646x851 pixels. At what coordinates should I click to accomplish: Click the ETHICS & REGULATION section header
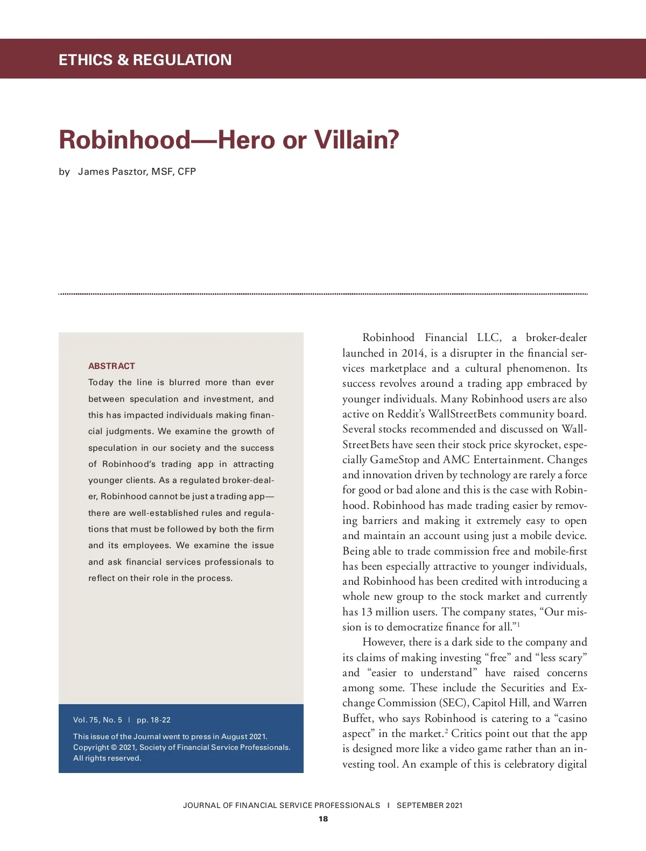[x=145, y=60]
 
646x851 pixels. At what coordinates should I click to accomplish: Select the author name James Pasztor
[x=112, y=172]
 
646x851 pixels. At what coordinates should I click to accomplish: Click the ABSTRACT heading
[x=111, y=366]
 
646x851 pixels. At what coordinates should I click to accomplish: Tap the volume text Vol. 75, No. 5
[x=97, y=720]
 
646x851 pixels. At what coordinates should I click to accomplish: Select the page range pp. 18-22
[x=153, y=720]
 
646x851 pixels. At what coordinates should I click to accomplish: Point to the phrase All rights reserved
[x=107, y=758]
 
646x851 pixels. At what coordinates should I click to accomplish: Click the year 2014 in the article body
[x=413, y=353]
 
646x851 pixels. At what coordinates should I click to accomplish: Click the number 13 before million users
[x=366, y=612]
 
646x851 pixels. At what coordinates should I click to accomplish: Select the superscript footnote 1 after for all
[x=518, y=624]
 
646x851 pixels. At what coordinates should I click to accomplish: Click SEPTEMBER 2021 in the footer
[x=430, y=805]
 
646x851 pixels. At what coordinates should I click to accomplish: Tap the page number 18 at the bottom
[x=323, y=819]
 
